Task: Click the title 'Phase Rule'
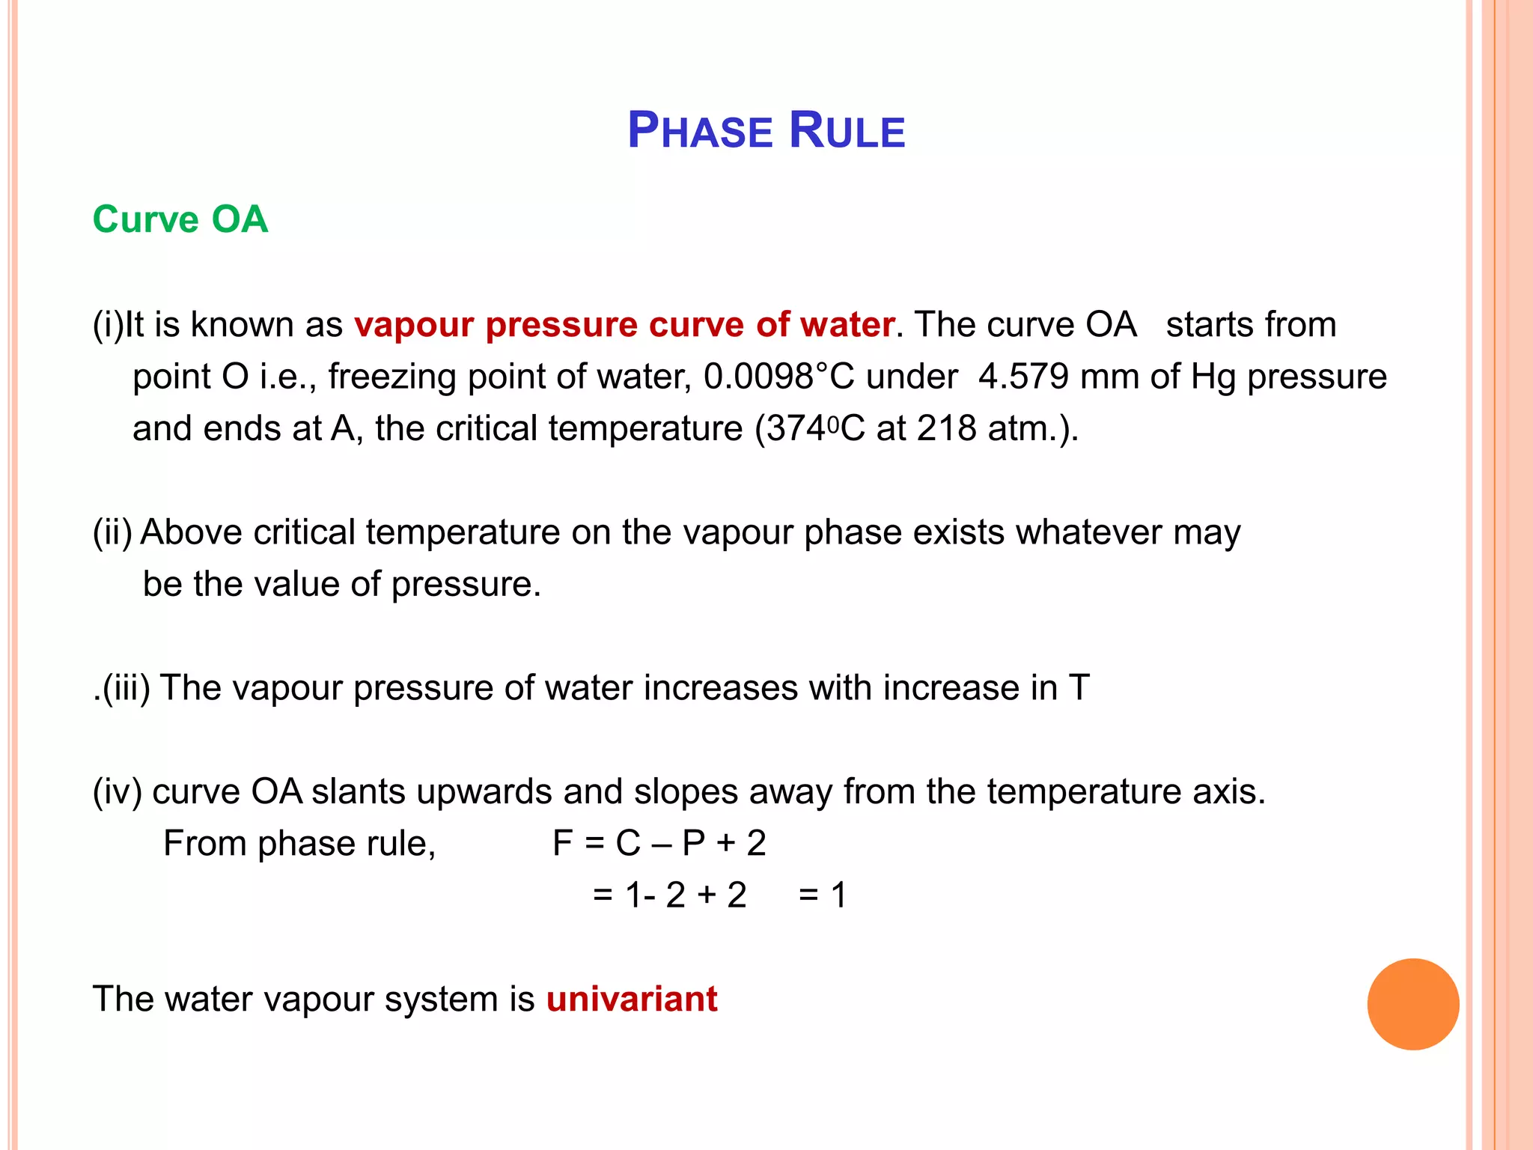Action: (766, 130)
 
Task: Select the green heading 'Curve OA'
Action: (180, 219)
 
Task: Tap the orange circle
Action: (1412, 1003)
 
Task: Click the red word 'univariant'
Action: (632, 999)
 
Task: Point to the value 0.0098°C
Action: (778, 377)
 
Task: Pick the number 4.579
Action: (1023, 377)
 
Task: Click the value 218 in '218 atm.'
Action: (946, 429)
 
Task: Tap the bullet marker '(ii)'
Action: (112, 532)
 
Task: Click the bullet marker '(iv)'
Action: (117, 791)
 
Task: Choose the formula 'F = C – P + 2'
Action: (659, 844)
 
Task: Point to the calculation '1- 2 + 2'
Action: (686, 895)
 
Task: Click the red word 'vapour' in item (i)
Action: (413, 325)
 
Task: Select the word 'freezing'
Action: (391, 377)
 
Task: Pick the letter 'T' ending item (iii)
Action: (1079, 688)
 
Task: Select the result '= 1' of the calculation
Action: (822, 895)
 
